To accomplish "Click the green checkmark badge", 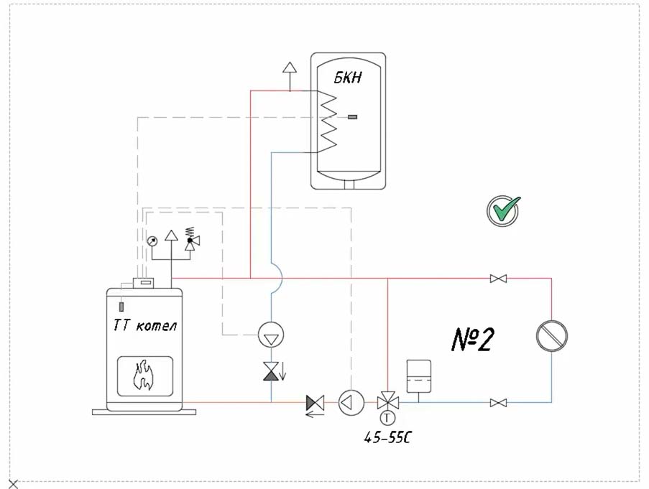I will [504, 211].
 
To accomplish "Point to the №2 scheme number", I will [472, 339].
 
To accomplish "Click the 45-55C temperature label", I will [388, 437].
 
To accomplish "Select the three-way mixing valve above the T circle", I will [388, 401].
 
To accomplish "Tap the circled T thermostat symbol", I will [388, 418].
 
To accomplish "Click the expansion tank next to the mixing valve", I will [418, 375].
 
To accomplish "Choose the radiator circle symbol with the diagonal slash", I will [552, 335].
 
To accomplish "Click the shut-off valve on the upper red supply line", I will [497, 278].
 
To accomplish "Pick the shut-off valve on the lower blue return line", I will [497, 403].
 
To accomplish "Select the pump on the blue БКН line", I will [272, 332].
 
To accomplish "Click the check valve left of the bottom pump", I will [315, 403].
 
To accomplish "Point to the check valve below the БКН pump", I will [272, 371].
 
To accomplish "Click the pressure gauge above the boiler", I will [152, 241].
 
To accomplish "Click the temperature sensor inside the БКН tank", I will [352, 116].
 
